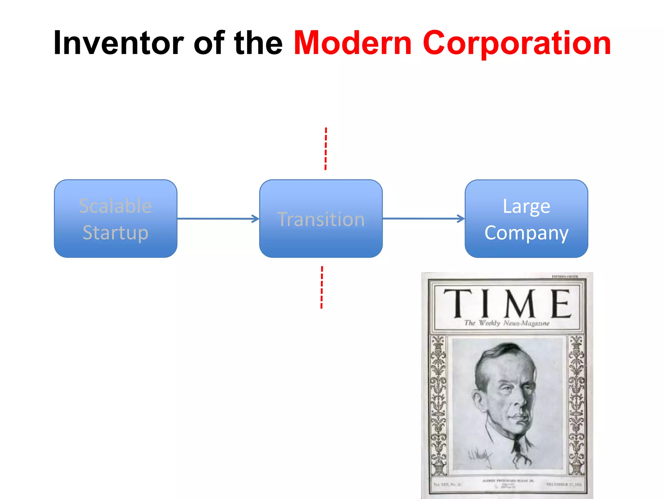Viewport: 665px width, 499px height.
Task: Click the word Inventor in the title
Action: pos(118,43)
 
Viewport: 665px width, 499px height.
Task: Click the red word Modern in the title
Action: pos(353,43)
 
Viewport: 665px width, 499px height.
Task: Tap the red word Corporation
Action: pos(516,43)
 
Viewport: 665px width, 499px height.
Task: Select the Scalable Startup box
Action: pos(116,219)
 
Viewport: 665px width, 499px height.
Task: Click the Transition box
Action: pos(321,219)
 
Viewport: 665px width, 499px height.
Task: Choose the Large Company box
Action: pos(526,219)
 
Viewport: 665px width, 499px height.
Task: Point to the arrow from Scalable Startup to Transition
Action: pos(218,219)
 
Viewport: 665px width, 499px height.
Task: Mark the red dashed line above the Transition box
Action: pos(326,148)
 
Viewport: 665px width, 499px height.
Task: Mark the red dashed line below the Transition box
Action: pos(322,287)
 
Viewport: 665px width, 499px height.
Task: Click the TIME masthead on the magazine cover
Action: pos(507,303)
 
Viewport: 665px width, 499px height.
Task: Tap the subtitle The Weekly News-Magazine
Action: pos(507,323)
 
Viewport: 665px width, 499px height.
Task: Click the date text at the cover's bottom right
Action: pos(564,484)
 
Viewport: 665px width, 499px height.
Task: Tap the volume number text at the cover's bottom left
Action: pos(447,484)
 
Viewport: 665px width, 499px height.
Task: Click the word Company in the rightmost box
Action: pos(526,233)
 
